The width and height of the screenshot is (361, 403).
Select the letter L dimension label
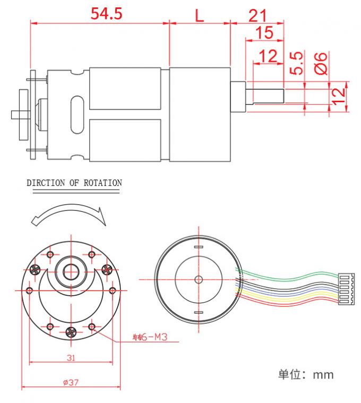[x=199, y=14]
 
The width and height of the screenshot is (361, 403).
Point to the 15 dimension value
[x=264, y=33]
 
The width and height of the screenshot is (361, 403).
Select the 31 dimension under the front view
[x=71, y=357]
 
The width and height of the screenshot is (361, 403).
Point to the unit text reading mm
[x=323, y=374]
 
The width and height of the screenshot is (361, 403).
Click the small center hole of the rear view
[x=199, y=279]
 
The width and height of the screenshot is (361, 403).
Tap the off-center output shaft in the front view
[x=71, y=271]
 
